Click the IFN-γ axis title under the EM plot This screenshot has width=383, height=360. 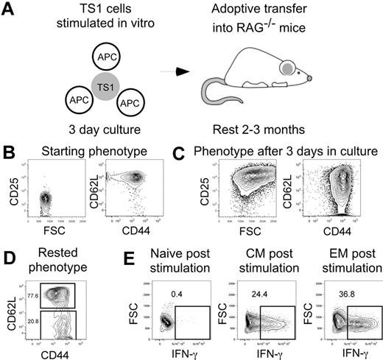tap(340, 351)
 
